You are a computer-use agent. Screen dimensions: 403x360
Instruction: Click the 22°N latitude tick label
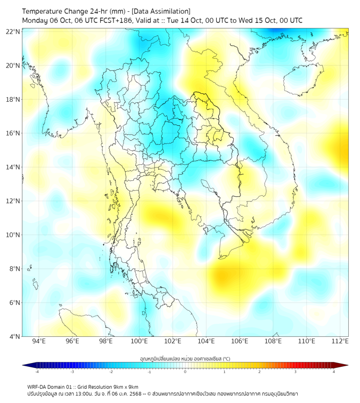pyautogui.click(x=13, y=32)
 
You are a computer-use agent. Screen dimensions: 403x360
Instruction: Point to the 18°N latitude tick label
pyautogui.click(x=13, y=100)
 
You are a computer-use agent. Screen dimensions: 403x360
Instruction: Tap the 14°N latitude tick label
pyautogui.click(x=13, y=167)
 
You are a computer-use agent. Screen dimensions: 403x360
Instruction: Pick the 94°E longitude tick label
pyautogui.click(x=39, y=342)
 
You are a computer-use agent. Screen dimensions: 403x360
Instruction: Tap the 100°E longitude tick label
pyautogui.click(x=139, y=342)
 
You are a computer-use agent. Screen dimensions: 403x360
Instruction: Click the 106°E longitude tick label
pyautogui.click(x=240, y=342)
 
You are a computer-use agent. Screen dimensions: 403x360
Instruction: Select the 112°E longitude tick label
pyautogui.click(x=340, y=342)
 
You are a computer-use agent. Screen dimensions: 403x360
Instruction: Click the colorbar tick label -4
pyautogui.click(x=36, y=372)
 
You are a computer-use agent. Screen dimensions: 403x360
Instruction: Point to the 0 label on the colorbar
pyautogui.click(x=185, y=372)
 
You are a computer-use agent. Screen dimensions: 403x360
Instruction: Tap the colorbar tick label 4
pyautogui.click(x=334, y=372)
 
